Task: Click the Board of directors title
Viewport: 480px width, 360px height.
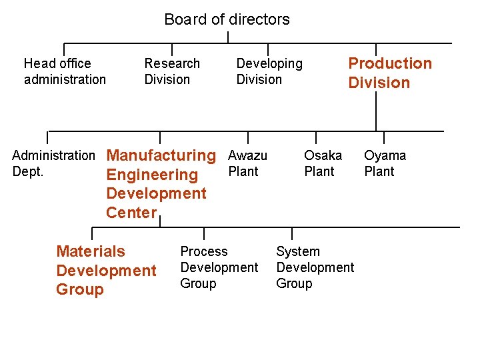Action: click(x=227, y=19)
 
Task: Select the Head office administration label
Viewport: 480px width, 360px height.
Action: click(x=65, y=71)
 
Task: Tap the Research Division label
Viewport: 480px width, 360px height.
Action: click(x=172, y=71)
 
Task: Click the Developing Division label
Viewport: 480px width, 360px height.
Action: click(x=269, y=71)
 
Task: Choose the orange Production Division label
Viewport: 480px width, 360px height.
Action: click(x=390, y=73)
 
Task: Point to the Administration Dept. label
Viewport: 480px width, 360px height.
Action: click(x=53, y=163)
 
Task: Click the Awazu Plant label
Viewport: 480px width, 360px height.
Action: click(x=247, y=163)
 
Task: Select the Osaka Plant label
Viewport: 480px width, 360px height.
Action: click(x=323, y=163)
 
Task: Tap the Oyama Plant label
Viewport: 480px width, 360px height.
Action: click(x=385, y=163)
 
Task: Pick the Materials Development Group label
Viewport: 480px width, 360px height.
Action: click(x=106, y=270)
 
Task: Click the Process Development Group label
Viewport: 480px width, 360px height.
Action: click(x=219, y=267)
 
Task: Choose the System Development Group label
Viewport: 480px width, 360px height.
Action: click(x=315, y=267)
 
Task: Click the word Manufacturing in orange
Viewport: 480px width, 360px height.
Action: click(x=161, y=156)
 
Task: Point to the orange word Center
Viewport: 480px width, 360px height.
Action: click(x=131, y=213)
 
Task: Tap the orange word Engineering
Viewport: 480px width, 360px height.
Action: click(x=152, y=175)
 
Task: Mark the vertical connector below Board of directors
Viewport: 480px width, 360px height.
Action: click(x=228, y=37)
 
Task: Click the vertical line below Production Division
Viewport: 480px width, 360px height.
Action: click(x=376, y=111)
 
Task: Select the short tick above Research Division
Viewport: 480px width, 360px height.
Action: click(x=172, y=49)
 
